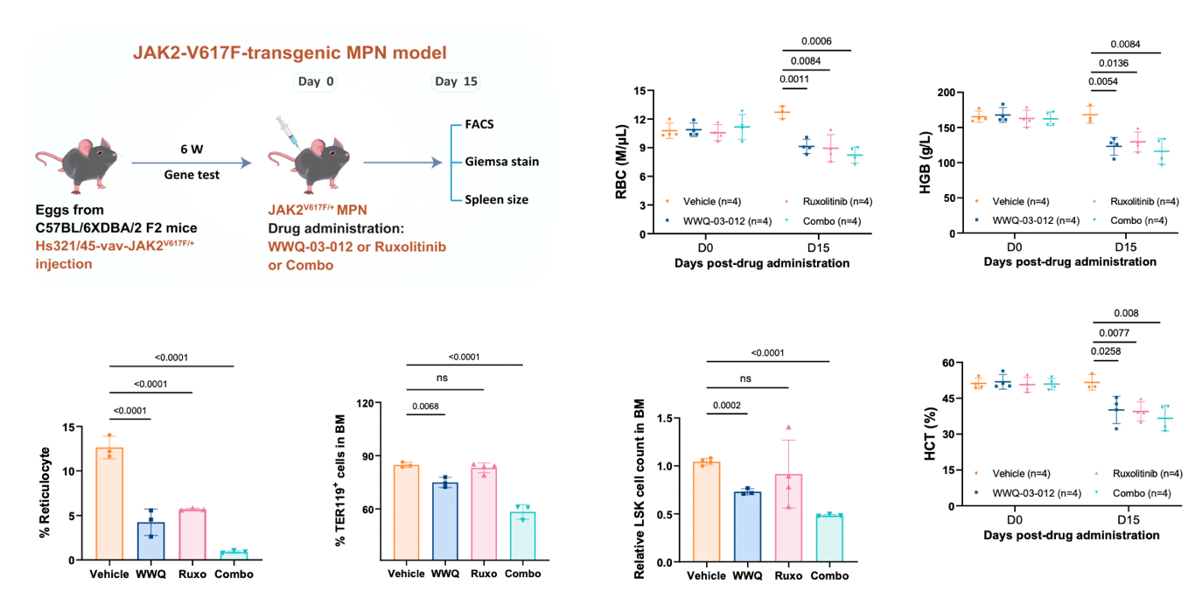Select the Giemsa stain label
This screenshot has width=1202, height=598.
(x=501, y=162)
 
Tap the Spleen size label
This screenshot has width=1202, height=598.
(x=496, y=199)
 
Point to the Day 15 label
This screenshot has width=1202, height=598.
(x=457, y=82)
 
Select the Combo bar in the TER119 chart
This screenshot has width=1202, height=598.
(x=522, y=535)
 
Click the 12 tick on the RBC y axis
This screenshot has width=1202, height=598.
(x=639, y=120)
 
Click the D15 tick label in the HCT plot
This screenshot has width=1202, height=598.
(x=1126, y=519)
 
